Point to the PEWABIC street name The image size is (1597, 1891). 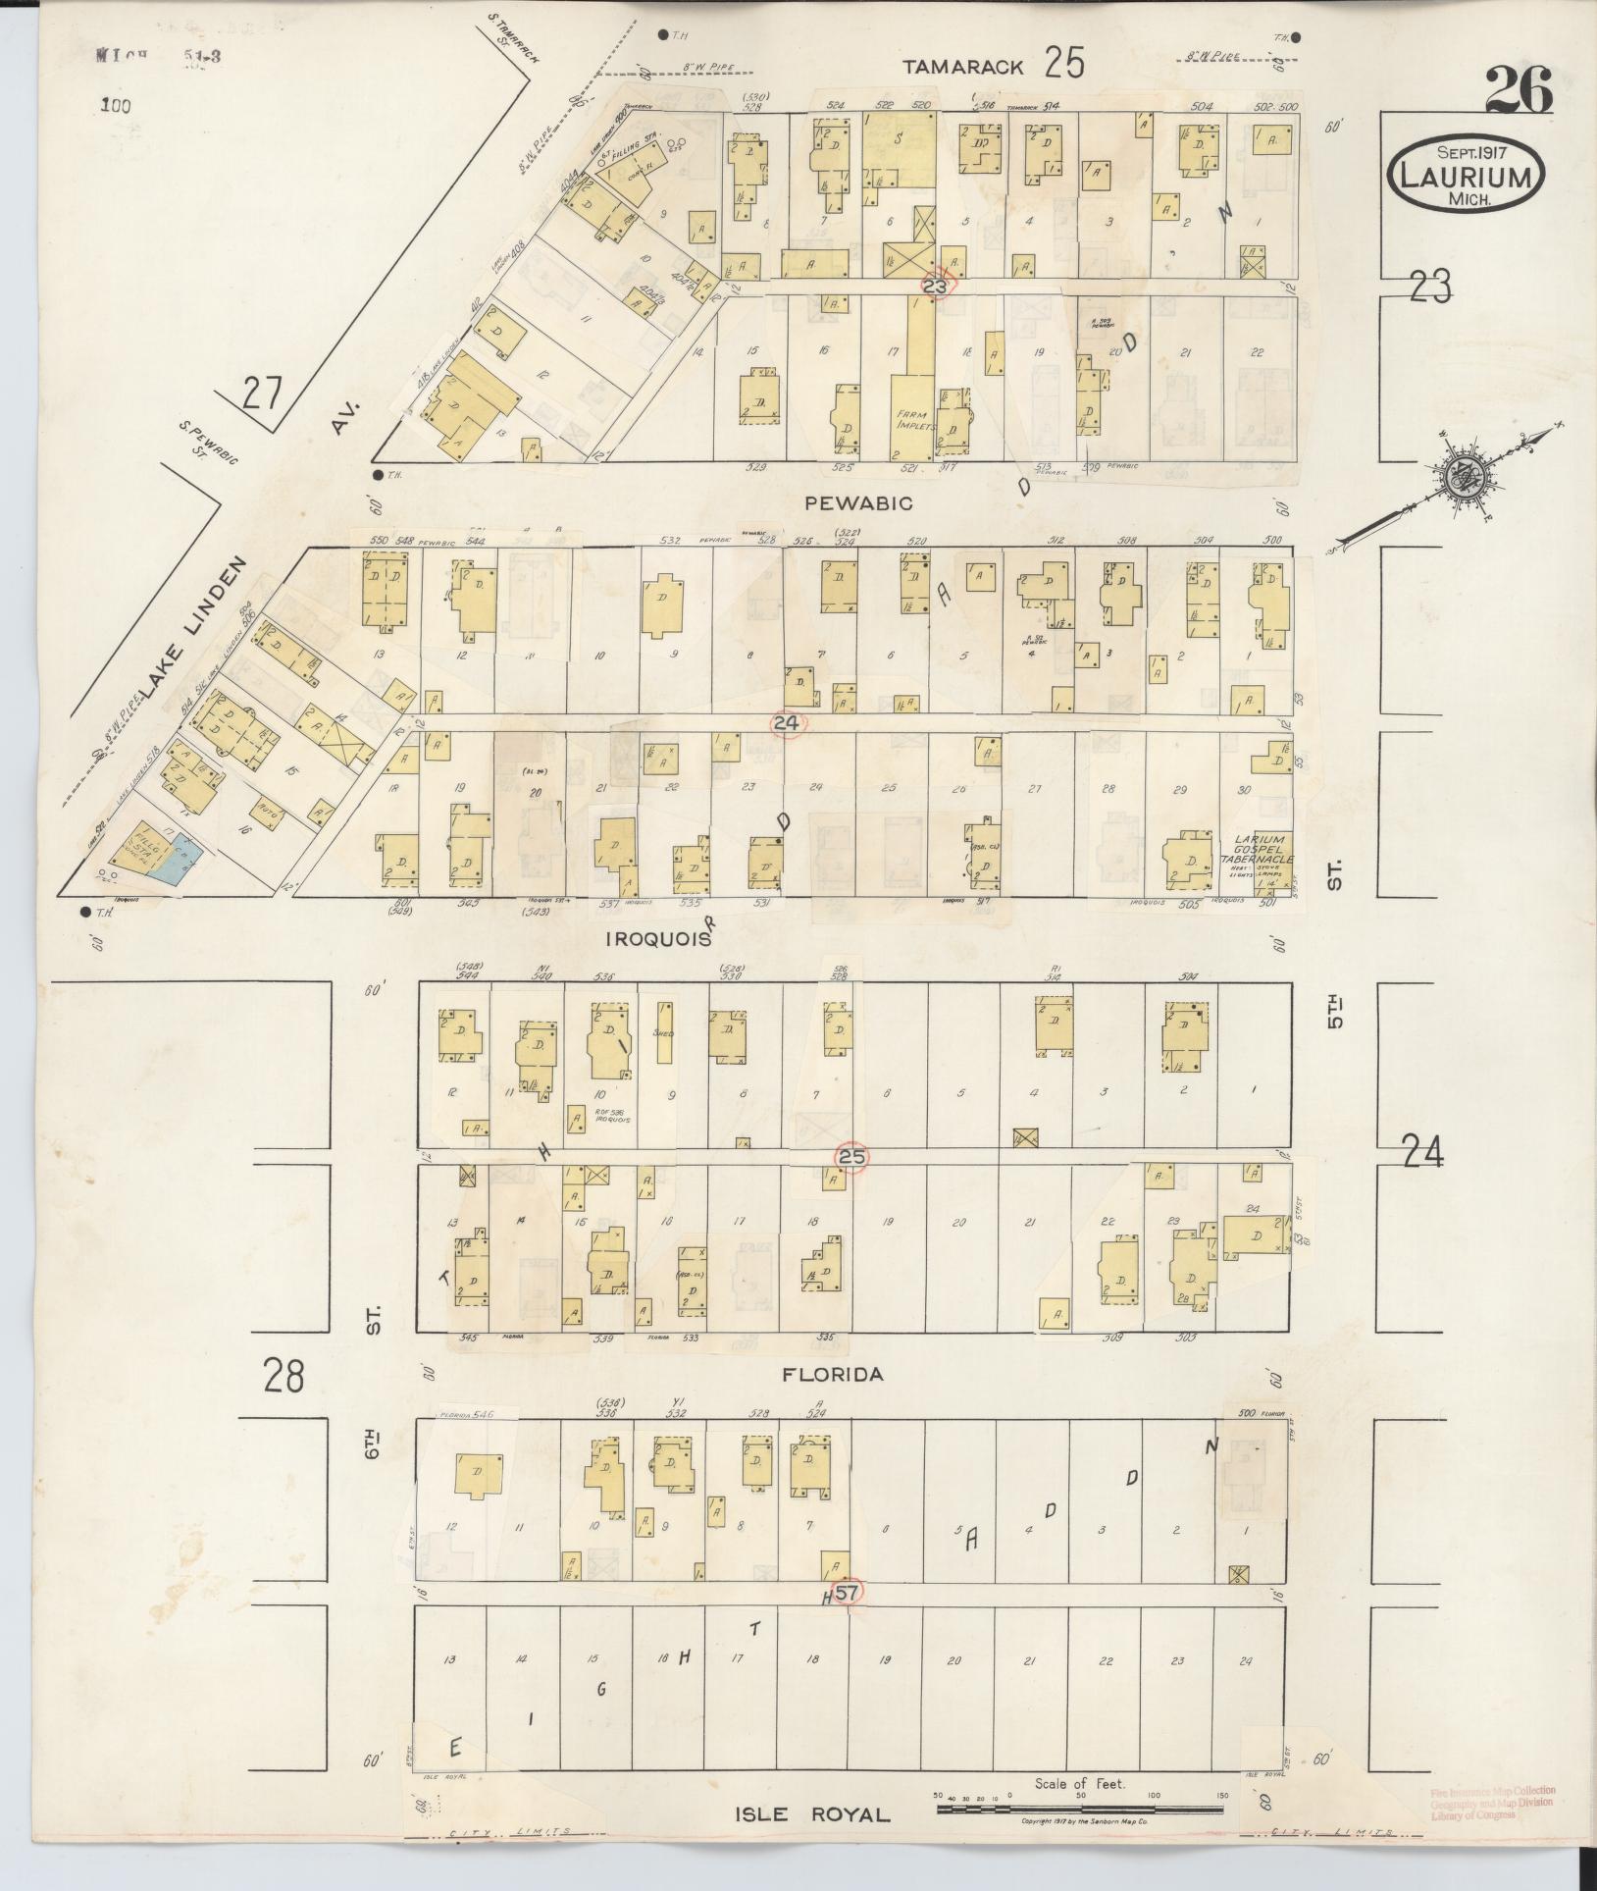[858, 503]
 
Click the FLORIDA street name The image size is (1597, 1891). [832, 1375]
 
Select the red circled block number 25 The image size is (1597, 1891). [851, 1158]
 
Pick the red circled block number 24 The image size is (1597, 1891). [788, 723]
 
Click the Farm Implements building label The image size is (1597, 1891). [917, 421]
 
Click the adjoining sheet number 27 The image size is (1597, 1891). [262, 395]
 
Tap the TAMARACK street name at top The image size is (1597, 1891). [963, 67]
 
